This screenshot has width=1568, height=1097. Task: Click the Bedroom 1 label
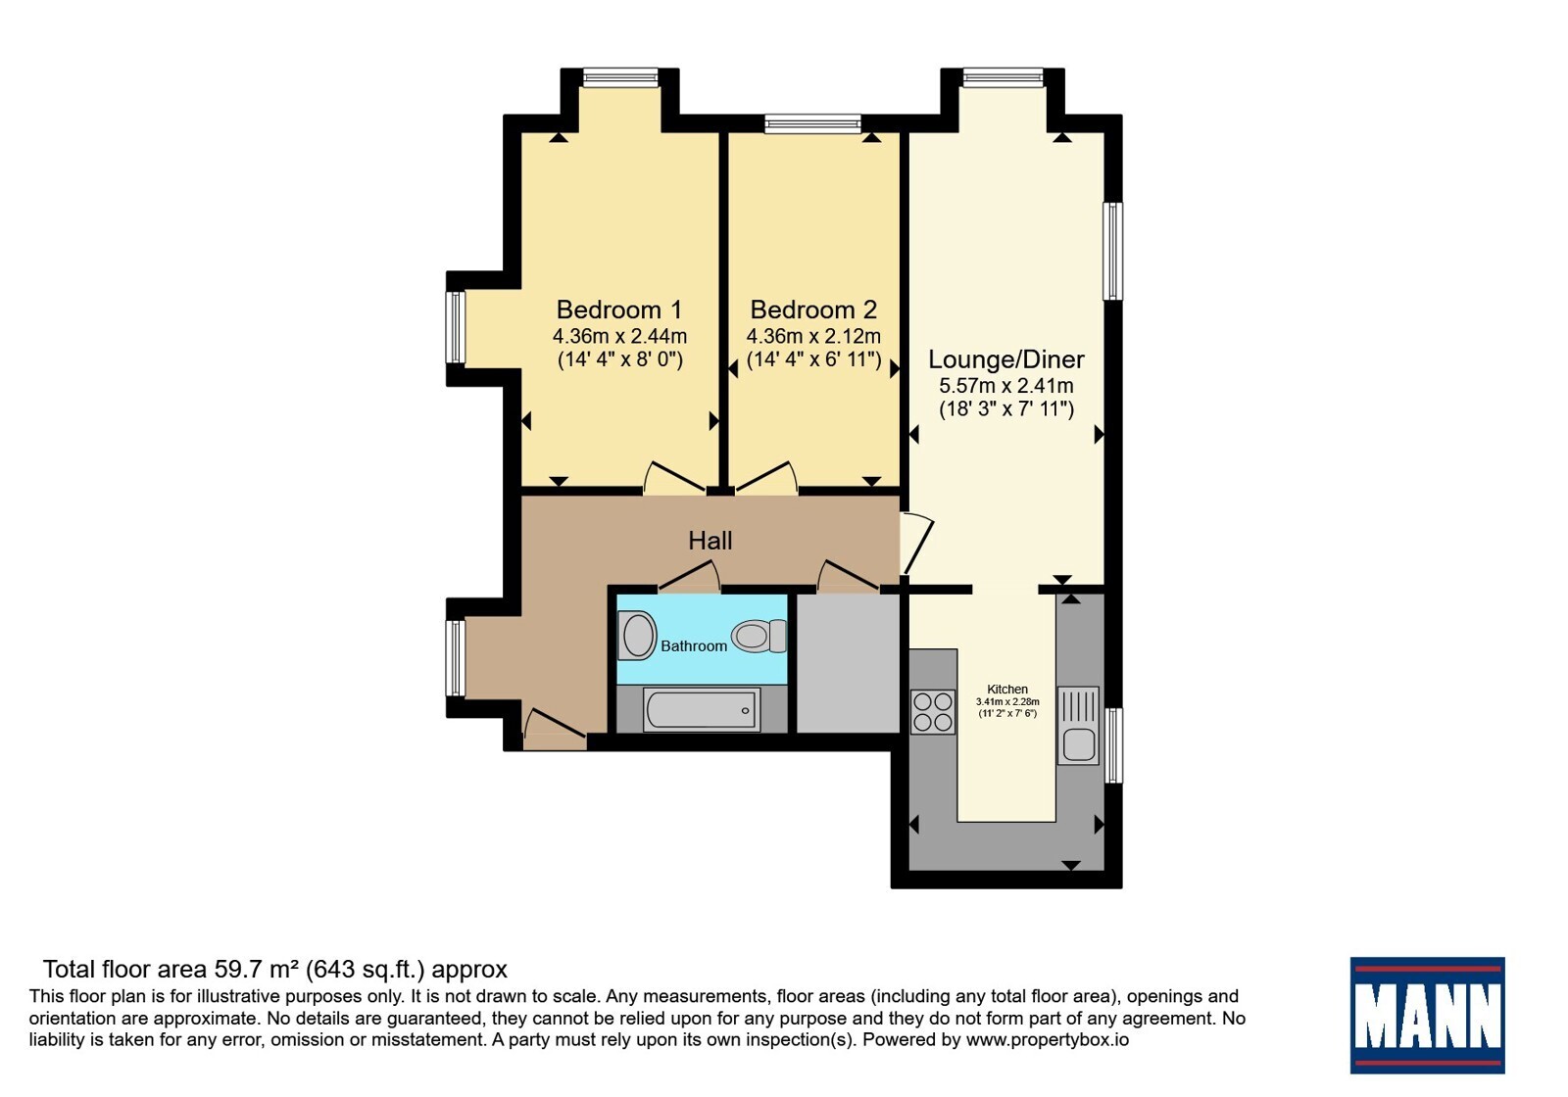tap(618, 310)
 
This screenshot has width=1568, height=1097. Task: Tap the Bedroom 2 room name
tap(813, 310)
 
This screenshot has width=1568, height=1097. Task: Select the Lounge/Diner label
tap(1005, 359)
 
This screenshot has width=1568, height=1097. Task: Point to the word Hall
tap(710, 540)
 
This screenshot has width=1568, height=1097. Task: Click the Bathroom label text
tap(694, 645)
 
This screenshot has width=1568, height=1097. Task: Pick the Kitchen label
tap(1007, 690)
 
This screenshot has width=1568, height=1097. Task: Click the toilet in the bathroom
tap(759, 636)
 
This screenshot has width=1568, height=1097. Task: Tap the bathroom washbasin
tap(637, 635)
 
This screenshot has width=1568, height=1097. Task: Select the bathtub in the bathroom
tap(702, 710)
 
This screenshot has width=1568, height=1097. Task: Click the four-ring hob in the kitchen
tap(932, 711)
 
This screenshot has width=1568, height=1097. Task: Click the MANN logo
tap(1427, 1015)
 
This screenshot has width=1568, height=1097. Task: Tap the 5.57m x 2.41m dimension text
tap(1005, 386)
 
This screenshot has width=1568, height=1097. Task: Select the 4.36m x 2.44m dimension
tap(619, 336)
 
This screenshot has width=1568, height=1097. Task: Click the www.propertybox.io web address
tap(1048, 1039)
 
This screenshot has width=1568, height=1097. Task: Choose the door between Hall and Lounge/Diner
tap(917, 544)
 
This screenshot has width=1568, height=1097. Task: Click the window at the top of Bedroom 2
tap(812, 123)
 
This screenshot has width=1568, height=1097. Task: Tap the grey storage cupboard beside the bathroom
tap(848, 663)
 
